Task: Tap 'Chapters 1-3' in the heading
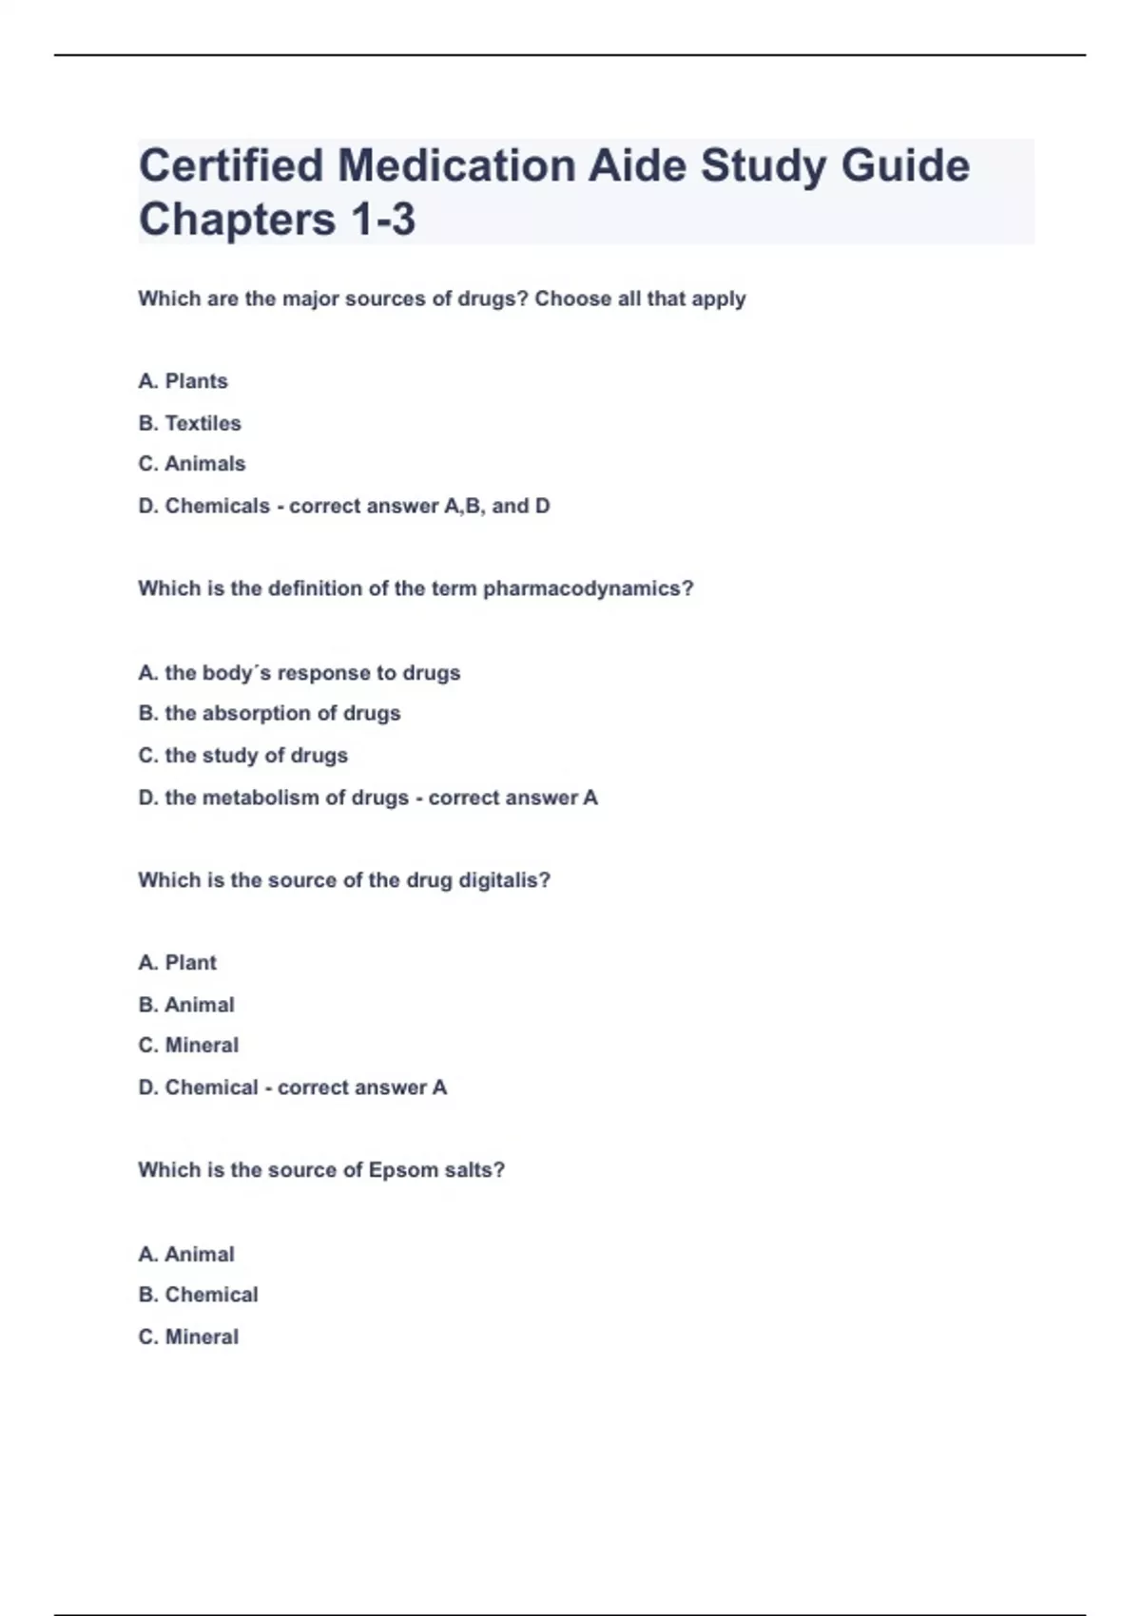(x=277, y=220)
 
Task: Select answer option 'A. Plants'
(x=183, y=381)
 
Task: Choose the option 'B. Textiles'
(x=189, y=423)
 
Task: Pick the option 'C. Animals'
(x=191, y=464)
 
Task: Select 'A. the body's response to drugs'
(x=299, y=673)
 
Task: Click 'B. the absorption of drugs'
(x=269, y=713)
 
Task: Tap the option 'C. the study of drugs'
(x=242, y=756)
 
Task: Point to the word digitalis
(x=497, y=880)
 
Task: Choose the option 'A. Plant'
(x=177, y=963)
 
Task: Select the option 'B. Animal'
(x=185, y=1005)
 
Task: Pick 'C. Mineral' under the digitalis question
(x=188, y=1046)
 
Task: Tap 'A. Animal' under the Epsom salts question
(x=185, y=1255)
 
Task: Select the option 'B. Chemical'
(x=198, y=1295)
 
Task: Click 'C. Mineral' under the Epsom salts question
(x=188, y=1337)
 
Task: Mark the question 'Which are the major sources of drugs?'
(x=333, y=299)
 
